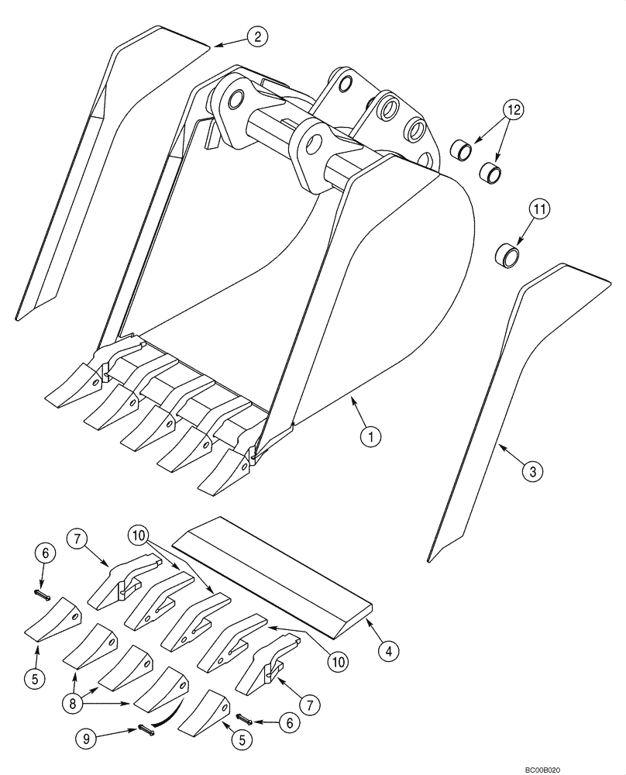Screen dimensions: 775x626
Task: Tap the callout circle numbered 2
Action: click(x=257, y=36)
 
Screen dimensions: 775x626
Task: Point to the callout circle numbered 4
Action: click(x=389, y=651)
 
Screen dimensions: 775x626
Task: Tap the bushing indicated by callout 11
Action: click(x=507, y=253)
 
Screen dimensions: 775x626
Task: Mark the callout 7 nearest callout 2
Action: click(x=74, y=536)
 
